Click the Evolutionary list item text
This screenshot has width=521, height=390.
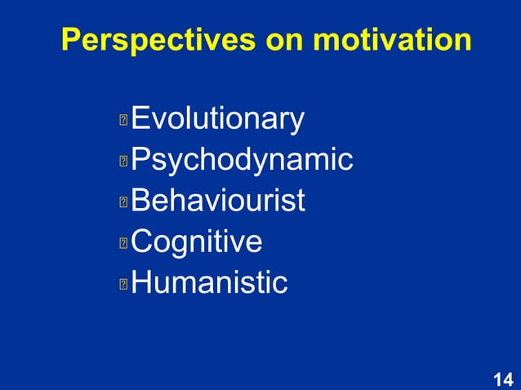(217, 120)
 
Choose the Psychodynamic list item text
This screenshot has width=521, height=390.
(242, 160)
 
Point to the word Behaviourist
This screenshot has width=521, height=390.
(217, 200)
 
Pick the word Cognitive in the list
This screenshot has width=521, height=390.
(197, 242)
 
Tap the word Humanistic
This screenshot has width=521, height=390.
(209, 282)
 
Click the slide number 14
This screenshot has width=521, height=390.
(503, 379)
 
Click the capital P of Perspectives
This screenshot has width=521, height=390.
(72, 40)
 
